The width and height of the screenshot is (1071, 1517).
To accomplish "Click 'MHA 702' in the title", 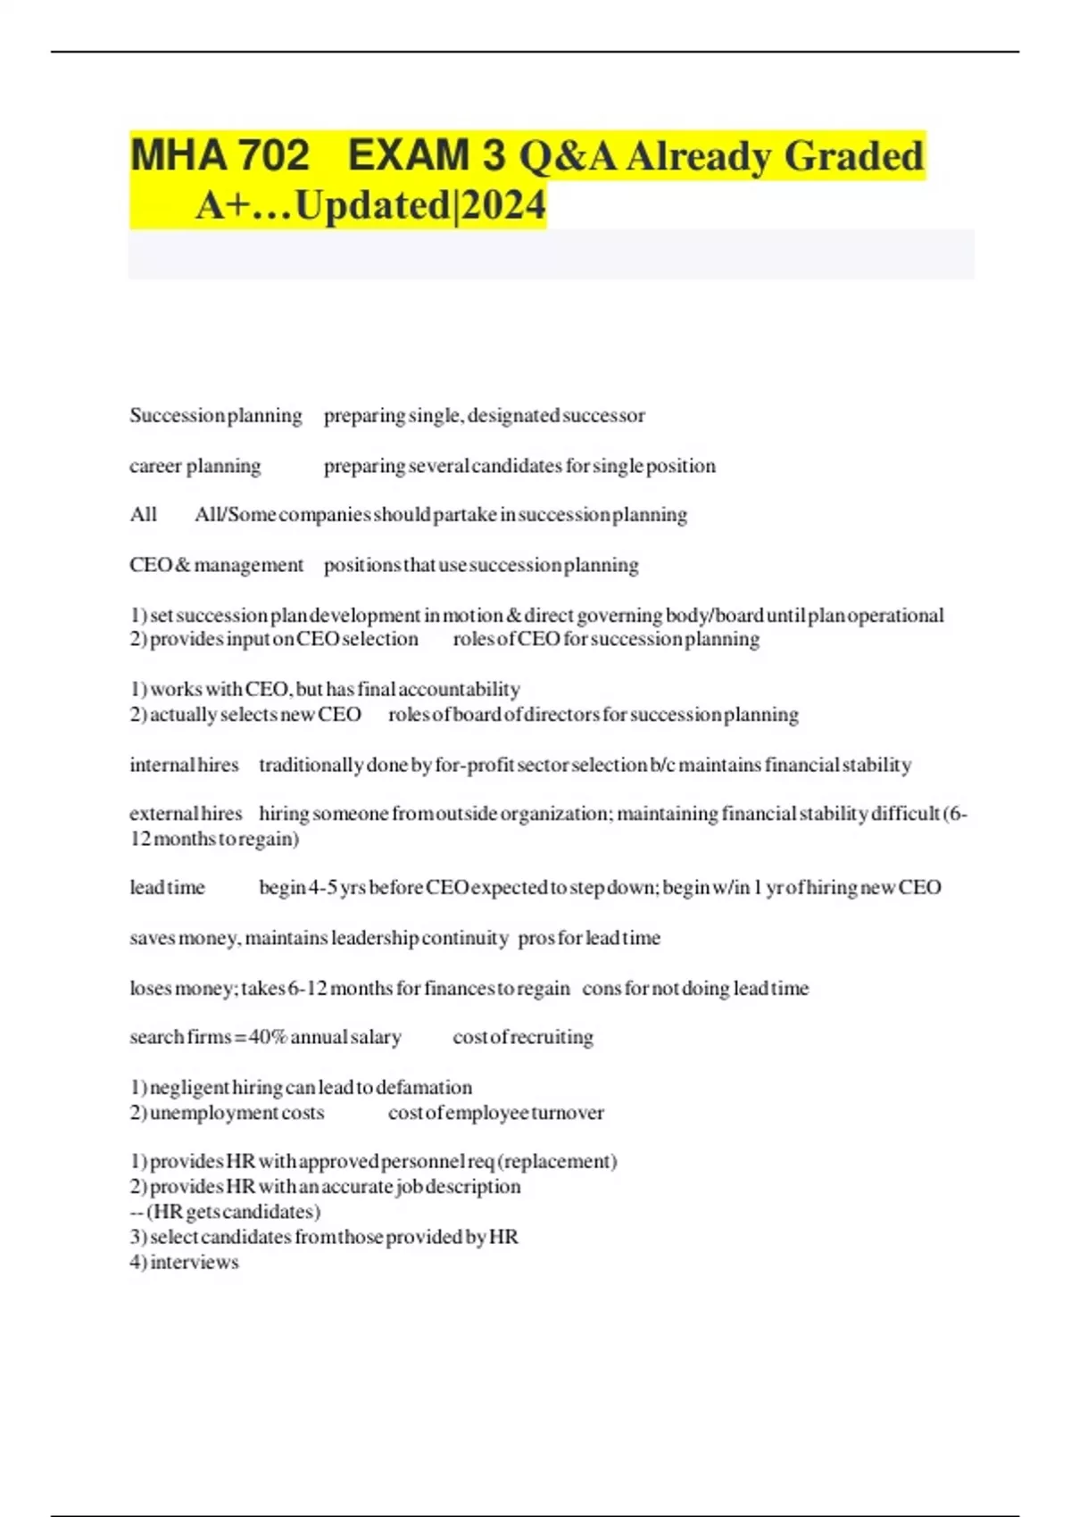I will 220,155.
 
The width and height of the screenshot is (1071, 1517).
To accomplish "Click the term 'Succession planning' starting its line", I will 216,416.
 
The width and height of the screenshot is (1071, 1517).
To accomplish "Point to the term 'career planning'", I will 195,466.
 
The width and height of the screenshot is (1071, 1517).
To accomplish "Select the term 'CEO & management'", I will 217,566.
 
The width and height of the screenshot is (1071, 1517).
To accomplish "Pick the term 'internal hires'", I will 184,766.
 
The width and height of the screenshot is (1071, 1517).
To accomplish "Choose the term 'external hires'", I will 186,814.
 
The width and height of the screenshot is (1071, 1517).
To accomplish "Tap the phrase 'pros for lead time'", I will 589,938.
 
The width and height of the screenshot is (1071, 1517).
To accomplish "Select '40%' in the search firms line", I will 267,1038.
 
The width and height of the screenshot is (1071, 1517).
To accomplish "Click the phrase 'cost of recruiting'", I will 523,1038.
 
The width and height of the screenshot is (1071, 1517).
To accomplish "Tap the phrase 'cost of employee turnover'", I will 496,1113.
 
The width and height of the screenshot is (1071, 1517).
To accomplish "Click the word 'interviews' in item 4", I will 194,1263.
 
